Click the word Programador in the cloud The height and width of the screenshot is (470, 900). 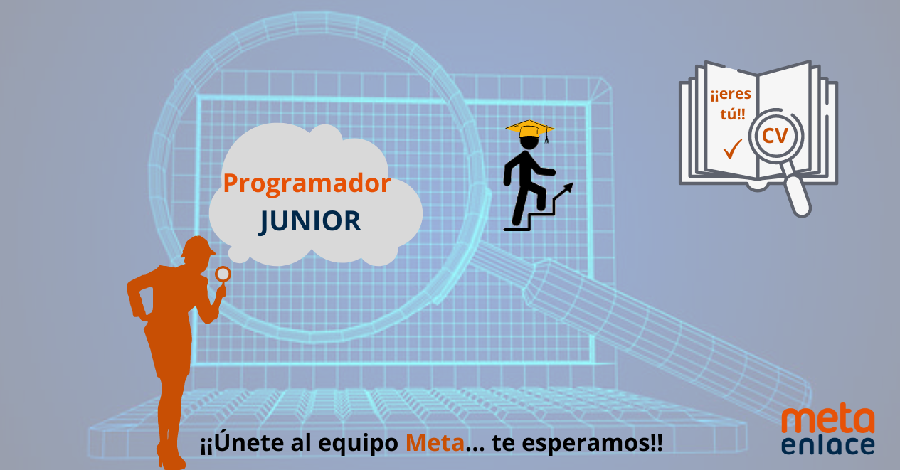(x=307, y=184)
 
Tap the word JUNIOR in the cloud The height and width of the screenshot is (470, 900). (x=309, y=220)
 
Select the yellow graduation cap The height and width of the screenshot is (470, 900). (x=529, y=129)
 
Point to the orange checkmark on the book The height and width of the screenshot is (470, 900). (x=732, y=149)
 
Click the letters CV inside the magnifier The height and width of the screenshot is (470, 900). (x=775, y=136)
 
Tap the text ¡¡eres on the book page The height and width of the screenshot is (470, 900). (x=731, y=95)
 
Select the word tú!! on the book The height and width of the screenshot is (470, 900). (x=733, y=114)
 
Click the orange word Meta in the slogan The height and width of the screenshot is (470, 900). (x=435, y=443)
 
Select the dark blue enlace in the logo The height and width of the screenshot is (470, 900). (x=828, y=445)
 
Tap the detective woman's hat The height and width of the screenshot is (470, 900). (x=198, y=247)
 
